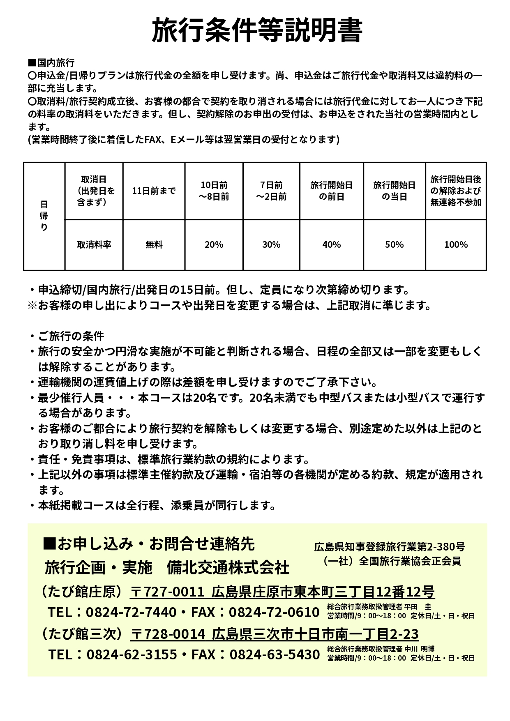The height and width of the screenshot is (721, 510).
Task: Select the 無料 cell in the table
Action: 154,244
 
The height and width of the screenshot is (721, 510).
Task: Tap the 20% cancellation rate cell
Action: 214,244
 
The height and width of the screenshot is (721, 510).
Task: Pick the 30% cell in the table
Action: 271,244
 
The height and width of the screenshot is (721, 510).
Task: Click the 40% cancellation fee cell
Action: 332,244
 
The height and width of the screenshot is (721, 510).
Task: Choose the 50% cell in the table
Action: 394,244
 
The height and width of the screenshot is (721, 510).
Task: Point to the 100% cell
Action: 456,244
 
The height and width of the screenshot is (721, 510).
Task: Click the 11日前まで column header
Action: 154,191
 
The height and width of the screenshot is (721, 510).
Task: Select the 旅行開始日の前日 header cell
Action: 332,191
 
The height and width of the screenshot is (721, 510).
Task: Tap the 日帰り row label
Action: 44,216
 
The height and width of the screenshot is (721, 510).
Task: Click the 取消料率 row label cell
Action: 94,244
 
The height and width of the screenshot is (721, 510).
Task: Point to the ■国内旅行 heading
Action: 51,63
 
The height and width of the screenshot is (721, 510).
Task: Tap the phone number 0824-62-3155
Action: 132,654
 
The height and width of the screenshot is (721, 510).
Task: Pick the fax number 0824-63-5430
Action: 275,654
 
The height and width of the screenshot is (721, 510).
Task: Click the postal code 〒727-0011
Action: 167,592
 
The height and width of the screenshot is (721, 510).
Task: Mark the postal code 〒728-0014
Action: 168,634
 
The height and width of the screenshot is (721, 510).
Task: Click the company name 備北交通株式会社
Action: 228,568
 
